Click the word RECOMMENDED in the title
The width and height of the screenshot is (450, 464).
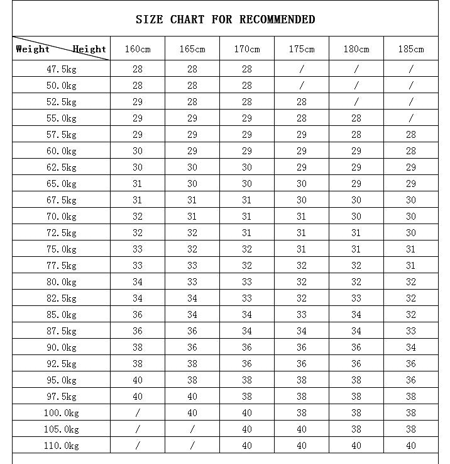click(277, 20)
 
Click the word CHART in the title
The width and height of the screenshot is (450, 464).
click(187, 20)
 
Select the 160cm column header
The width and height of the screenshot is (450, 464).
click(137, 49)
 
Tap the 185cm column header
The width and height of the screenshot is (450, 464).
click(410, 49)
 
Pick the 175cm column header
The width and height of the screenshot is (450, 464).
click(301, 49)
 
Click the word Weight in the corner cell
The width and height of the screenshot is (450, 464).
click(33, 48)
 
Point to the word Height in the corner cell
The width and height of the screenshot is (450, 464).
click(89, 48)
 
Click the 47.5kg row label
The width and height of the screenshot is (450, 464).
click(61, 69)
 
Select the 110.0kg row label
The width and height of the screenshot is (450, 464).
click(61, 446)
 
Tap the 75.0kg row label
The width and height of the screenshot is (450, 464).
click(61, 249)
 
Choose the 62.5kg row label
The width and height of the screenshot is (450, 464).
click(61, 167)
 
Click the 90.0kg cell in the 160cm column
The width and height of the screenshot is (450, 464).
click(137, 348)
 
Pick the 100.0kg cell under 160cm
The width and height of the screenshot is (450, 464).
click(137, 413)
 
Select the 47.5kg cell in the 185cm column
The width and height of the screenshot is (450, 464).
click(410, 69)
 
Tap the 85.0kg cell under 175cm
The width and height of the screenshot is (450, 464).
click(301, 315)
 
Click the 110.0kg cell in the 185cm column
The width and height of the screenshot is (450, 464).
click(410, 446)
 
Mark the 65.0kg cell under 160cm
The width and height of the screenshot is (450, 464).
click(137, 184)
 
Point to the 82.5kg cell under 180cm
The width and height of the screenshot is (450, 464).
click(356, 298)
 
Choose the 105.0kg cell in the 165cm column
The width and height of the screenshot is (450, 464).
click(192, 429)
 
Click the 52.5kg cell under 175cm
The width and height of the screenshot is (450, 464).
click(301, 102)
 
